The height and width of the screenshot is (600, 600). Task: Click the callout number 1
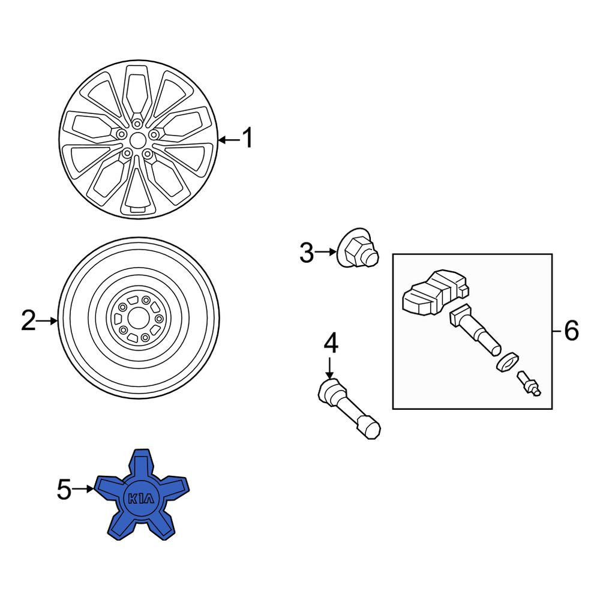(x=248, y=138)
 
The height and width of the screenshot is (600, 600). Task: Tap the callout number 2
(x=28, y=320)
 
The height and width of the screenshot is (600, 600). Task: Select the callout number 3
(x=306, y=253)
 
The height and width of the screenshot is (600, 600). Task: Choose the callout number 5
(x=64, y=490)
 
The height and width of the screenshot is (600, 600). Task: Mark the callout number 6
(x=572, y=331)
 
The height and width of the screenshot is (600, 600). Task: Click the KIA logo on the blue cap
(x=141, y=499)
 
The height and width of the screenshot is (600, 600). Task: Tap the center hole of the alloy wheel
(x=137, y=140)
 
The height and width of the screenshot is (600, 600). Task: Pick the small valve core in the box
(x=529, y=383)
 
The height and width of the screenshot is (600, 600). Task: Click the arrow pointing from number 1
(x=229, y=140)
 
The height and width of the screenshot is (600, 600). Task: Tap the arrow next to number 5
(x=83, y=489)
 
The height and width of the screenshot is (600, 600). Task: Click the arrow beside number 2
(x=46, y=321)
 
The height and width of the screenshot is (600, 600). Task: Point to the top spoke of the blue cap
(x=141, y=464)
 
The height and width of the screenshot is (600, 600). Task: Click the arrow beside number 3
(x=325, y=252)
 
